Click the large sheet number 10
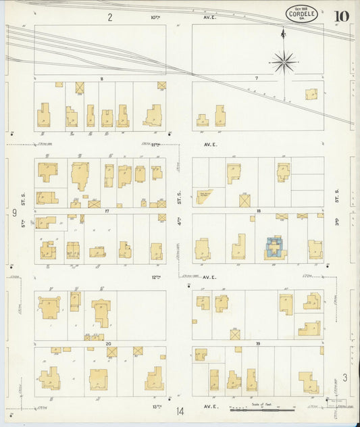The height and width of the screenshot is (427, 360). pyautogui.click(x=340, y=16)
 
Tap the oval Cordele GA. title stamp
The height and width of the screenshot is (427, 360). pyautogui.click(x=300, y=14)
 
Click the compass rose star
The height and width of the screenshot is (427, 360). pyautogui.click(x=284, y=62)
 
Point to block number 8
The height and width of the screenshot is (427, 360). pyautogui.click(x=101, y=79)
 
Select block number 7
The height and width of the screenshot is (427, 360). pyautogui.click(x=257, y=79)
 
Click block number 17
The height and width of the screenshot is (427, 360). pyautogui.click(x=107, y=211)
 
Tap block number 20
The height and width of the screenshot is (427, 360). pyautogui.click(x=108, y=344)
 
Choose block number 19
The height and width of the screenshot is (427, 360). pyautogui.click(x=257, y=344)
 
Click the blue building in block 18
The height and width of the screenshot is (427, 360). pyautogui.click(x=275, y=247)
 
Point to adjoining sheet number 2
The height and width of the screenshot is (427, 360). pyautogui.click(x=109, y=17)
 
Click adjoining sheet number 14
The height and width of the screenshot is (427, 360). pyautogui.click(x=180, y=411)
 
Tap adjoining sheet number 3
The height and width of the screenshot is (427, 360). pyautogui.click(x=344, y=377)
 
